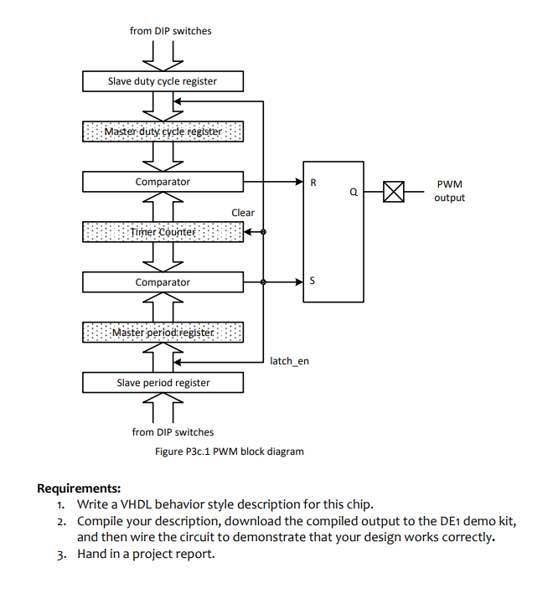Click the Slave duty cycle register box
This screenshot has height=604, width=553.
pyautogui.click(x=163, y=81)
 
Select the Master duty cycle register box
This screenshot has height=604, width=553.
pyautogui.click(x=163, y=132)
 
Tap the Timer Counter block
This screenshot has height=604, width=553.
pyautogui.click(x=163, y=231)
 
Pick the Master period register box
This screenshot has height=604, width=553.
pyautogui.click(x=163, y=333)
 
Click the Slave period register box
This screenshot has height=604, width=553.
pyautogui.click(x=163, y=383)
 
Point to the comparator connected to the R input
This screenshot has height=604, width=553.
pyautogui.click(x=163, y=182)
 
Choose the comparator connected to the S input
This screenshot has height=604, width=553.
pyautogui.click(x=163, y=282)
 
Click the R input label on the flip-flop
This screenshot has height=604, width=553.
pyautogui.click(x=313, y=182)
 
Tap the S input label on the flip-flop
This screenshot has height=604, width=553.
pyautogui.click(x=313, y=282)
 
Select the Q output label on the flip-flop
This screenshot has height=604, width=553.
pyautogui.click(x=354, y=192)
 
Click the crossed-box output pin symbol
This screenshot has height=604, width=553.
pyautogui.click(x=393, y=192)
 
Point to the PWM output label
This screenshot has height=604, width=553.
pyautogui.click(x=449, y=191)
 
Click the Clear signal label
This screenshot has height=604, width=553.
pyautogui.click(x=243, y=213)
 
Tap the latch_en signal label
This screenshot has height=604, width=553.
pyautogui.click(x=290, y=362)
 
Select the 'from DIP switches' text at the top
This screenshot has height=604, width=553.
pyautogui.click(x=171, y=31)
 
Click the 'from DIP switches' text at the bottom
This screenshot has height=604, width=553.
pyautogui.click(x=173, y=432)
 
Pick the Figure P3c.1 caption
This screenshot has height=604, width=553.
pyautogui.click(x=230, y=452)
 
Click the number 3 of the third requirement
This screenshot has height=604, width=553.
pyautogui.click(x=61, y=554)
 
